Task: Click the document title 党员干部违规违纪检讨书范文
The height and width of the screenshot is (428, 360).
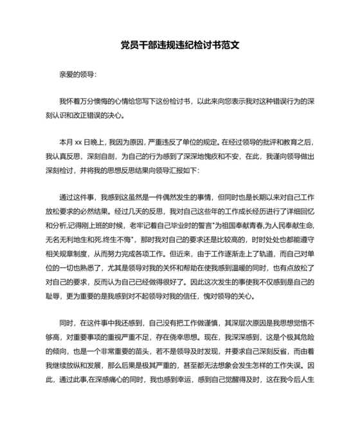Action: (x=179, y=46)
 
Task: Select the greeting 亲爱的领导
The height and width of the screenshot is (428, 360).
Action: (x=77, y=74)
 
